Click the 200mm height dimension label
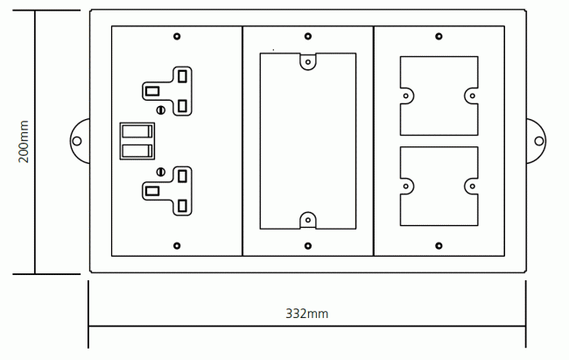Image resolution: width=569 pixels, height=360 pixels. [24, 142]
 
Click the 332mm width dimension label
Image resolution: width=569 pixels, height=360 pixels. [306, 314]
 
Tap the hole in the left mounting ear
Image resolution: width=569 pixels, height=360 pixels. [77, 141]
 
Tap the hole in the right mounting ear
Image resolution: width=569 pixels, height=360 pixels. [539, 141]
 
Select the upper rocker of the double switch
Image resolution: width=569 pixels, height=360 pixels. [137, 131]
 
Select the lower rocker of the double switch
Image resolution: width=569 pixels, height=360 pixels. [137, 151]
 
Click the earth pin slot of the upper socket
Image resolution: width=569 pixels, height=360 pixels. [152, 91]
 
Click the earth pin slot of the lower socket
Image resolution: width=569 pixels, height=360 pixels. [152, 191]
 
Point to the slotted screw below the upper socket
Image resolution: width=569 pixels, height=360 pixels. [161, 109]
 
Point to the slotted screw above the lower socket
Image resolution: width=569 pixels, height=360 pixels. [161, 172]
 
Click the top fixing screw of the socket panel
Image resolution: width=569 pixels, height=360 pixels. [177, 36]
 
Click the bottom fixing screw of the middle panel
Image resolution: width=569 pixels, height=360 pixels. [308, 246]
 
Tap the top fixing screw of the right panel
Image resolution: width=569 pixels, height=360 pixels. [439, 36]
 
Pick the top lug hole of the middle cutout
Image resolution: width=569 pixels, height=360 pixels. [308, 62]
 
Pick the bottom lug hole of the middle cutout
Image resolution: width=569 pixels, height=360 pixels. [308, 220]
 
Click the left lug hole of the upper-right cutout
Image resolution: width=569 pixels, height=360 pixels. [405, 95]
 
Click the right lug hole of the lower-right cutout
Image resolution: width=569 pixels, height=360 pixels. [472, 187]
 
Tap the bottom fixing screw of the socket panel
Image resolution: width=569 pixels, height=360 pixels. [177, 246]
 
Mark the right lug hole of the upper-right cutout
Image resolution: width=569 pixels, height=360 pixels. [472, 95]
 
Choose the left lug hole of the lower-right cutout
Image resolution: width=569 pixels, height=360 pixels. [405, 187]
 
